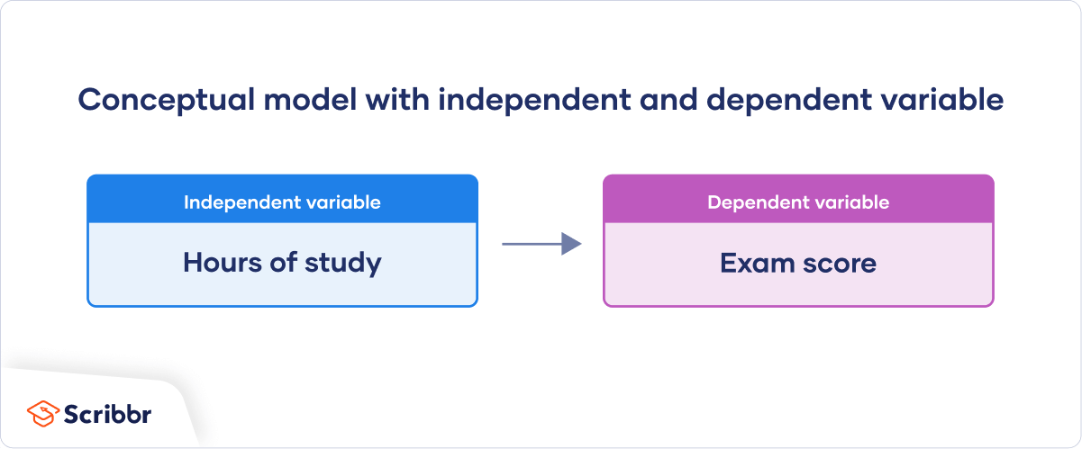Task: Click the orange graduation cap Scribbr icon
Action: click(x=42, y=414)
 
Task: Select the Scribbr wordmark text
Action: click(x=107, y=414)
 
